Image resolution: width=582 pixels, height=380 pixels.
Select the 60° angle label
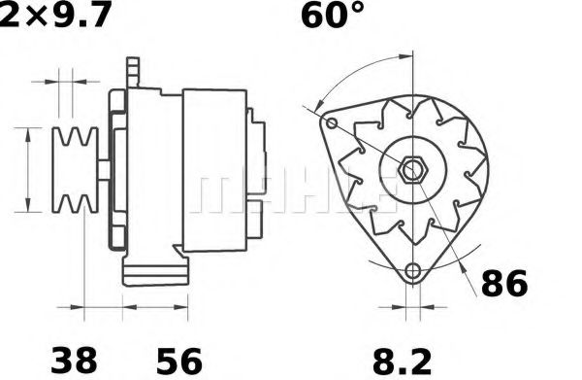(334, 17)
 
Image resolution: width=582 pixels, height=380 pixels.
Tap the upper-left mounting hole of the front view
(331, 125)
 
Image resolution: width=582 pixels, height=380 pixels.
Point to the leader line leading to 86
(464, 262)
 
